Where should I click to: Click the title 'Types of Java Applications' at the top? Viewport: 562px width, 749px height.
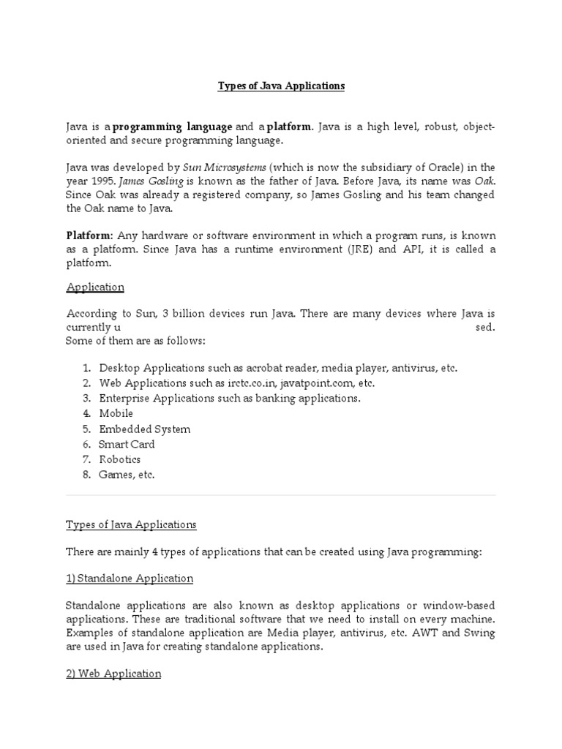pyautogui.click(x=281, y=86)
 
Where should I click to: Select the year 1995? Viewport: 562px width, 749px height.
pyautogui.click(x=102, y=181)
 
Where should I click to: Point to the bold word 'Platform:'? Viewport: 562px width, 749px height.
pyautogui.click(x=90, y=236)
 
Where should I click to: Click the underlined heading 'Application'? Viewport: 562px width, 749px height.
pyautogui.click(x=95, y=287)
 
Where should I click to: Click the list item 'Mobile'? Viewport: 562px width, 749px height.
pyautogui.click(x=116, y=413)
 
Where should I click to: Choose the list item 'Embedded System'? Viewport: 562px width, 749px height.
pyautogui.click(x=145, y=429)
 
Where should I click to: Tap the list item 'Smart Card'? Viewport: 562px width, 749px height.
pyautogui.click(x=127, y=444)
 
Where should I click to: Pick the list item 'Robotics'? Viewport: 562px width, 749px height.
pyautogui.click(x=120, y=459)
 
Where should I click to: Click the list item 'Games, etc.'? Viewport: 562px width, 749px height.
pyautogui.click(x=127, y=475)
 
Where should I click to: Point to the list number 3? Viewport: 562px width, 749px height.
pyautogui.click(x=86, y=398)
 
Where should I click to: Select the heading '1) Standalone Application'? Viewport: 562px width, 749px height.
pyautogui.click(x=130, y=579)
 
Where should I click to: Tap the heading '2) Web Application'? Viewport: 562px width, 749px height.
pyautogui.click(x=113, y=674)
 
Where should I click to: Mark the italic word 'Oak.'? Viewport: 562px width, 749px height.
pyautogui.click(x=483, y=181)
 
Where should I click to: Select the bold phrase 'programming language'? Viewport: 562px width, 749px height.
pyautogui.click(x=173, y=127)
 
